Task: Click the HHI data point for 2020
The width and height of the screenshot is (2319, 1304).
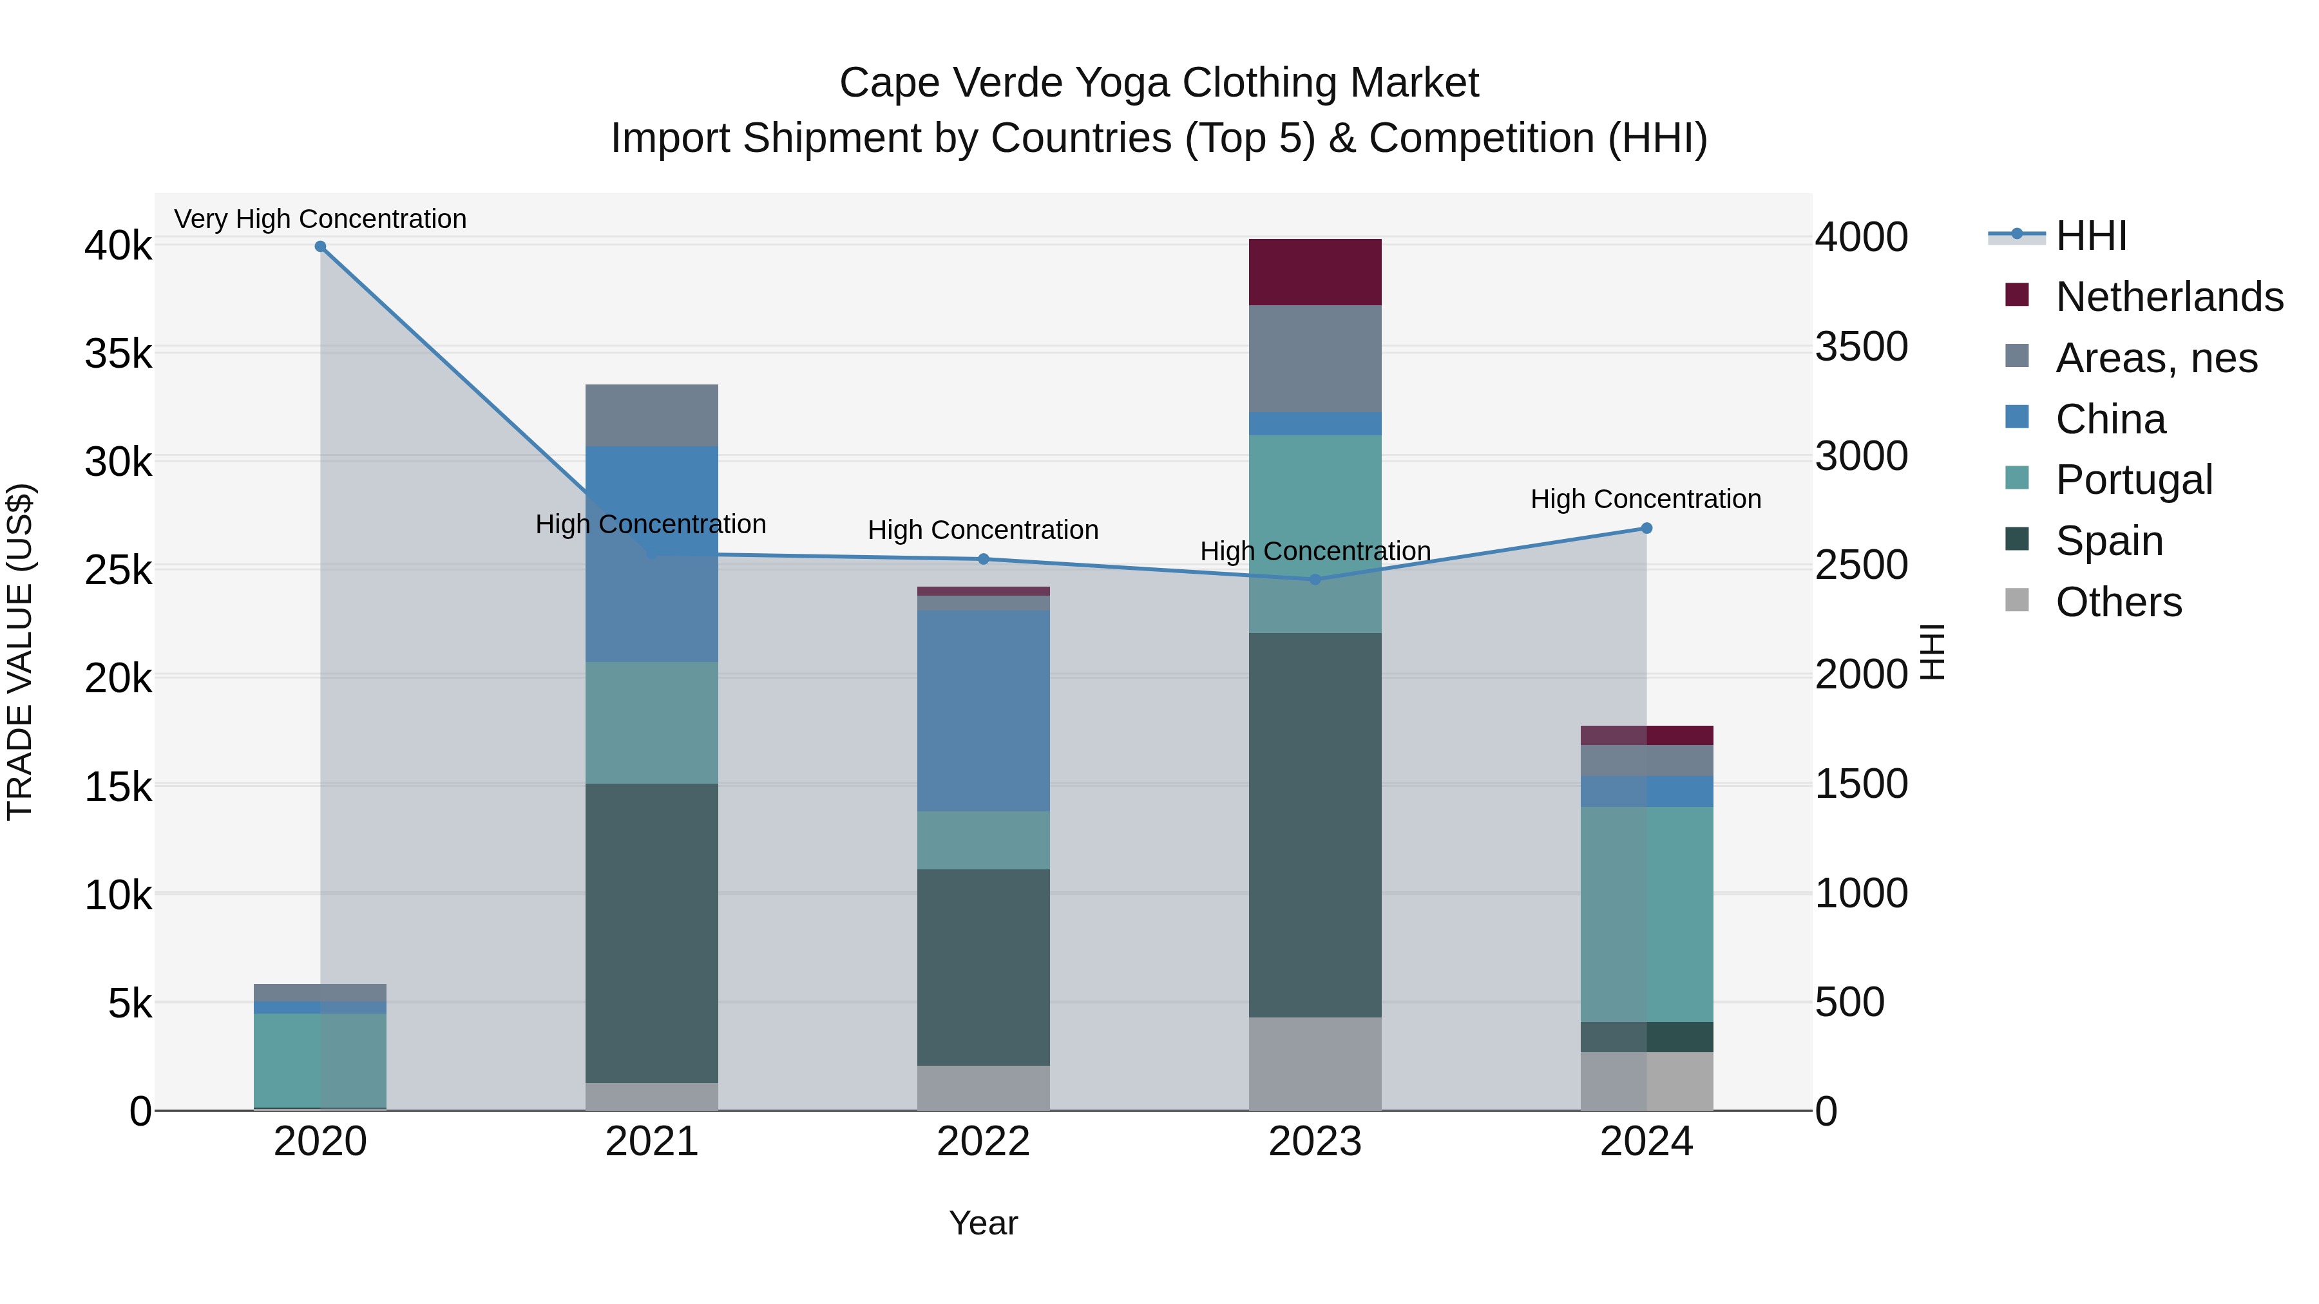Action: [x=321, y=247]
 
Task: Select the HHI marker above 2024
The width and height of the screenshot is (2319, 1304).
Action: [x=1646, y=528]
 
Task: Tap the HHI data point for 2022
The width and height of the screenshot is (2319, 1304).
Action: [x=984, y=559]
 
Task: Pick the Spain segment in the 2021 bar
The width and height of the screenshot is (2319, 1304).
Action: [x=652, y=932]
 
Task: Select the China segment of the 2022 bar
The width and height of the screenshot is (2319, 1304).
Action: [x=983, y=710]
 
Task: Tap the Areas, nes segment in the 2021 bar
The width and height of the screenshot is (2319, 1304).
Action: [x=652, y=415]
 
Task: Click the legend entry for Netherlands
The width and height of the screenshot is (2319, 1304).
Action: [x=2169, y=297]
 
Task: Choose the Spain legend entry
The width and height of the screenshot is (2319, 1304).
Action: [x=2108, y=541]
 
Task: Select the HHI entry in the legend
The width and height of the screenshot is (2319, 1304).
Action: [x=2090, y=236]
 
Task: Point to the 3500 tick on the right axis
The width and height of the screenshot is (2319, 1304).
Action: [x=1861, y=346]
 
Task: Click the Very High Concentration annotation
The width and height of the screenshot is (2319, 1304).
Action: [x=321, y=219]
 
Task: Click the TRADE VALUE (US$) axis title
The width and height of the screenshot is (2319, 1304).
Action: [x=21, y=652]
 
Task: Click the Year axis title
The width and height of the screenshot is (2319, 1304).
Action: [x=983, y=1223]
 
